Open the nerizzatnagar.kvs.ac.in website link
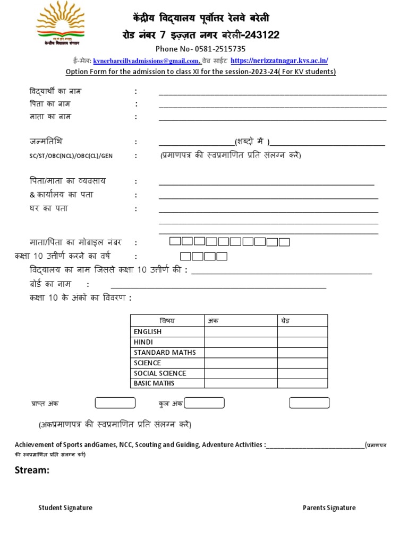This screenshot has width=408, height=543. coord(279,61)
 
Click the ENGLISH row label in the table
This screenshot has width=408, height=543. coord(148,332)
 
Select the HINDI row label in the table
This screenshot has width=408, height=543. coord(143,342)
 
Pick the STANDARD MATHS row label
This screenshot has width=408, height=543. coord(165,353)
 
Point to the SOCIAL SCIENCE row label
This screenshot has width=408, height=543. coord(160,373)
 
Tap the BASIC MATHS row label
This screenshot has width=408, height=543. coord(154,383)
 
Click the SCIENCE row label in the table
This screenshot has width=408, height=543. coord(147,363)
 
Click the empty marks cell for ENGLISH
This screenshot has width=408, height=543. coord(241,332)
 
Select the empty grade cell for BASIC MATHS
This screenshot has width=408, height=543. coord(302,383)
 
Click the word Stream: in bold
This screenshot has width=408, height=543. coord(32,470)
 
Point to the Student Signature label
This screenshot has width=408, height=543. coord(65,508)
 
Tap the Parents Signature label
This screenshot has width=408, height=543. coord(329,508)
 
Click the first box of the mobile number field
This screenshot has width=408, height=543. coord(175,242)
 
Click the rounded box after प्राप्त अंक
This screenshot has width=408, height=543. coord(115,404)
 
